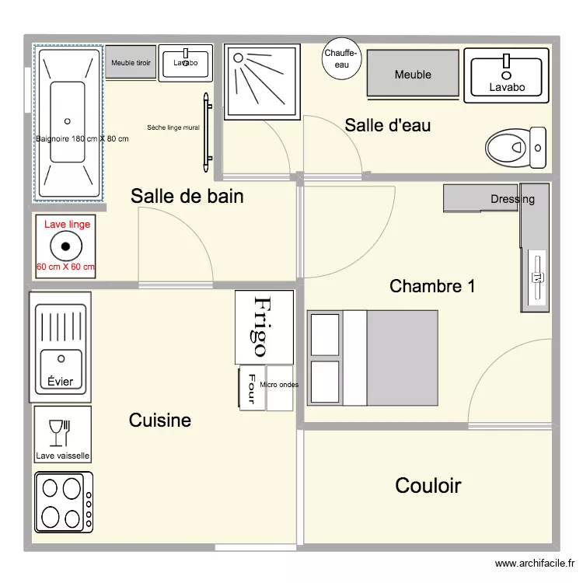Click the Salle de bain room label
coord(187,197)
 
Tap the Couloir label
coord(428,486)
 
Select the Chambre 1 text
coord(432,286)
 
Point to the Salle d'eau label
coord(387,124)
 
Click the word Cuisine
coord(159,421)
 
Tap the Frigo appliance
coord(264,326)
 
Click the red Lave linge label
coord(67,225)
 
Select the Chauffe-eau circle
coord(341,59)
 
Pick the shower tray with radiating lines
coord(261,82)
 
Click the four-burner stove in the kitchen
coord(63,502)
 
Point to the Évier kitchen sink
coord(61,347)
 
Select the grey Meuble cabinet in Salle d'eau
coord(412,75)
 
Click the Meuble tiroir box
coord(131,62)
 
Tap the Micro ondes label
coord(279,385)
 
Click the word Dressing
coord(512,199)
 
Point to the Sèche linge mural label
coord(173,127)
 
